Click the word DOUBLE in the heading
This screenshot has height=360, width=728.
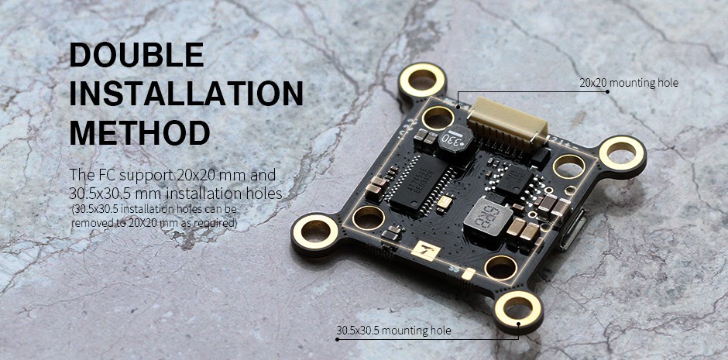pos(136,54)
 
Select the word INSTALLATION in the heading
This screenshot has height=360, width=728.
pos(186,92)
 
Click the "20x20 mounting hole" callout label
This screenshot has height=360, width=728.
pos(629,83)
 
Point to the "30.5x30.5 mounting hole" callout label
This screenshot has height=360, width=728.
pos(393,331)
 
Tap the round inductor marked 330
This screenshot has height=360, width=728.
pos(455,139)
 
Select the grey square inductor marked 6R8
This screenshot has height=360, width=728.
pos(488,218)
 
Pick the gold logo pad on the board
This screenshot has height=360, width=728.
pos(426,251)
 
